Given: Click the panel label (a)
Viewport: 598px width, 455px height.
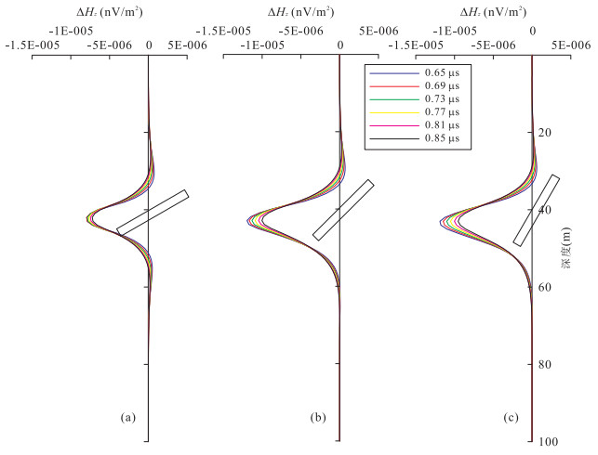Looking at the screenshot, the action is tap(127, 418).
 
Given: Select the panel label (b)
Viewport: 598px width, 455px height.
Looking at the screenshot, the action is tap(318, 418).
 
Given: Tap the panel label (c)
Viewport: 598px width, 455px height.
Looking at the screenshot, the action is tap(511, 418).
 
